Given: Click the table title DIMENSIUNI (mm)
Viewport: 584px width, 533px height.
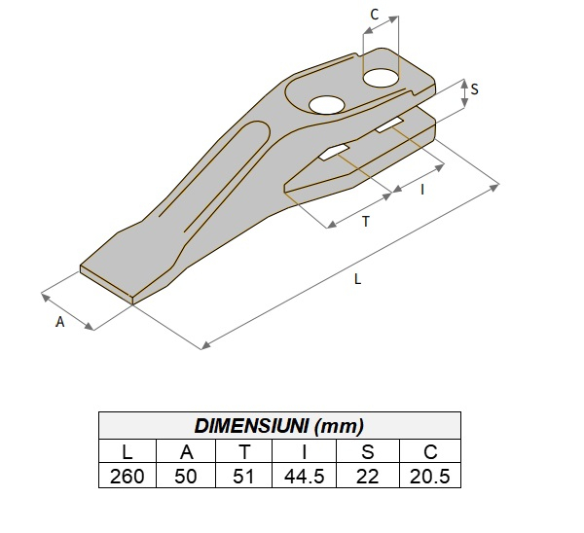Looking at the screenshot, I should [x=279, y=426].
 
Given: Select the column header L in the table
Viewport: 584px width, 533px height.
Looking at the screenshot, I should [x=128, y=451].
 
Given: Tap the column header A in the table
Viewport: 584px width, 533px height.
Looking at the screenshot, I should [x=188, y=451].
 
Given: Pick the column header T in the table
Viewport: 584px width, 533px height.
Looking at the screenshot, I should [x=245, y=451].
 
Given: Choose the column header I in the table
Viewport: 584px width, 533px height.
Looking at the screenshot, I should [x=305, y=451].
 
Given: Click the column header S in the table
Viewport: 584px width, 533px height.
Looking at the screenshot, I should [x=367, y=451].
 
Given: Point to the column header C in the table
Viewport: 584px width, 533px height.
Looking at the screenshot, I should [x=429, y=451].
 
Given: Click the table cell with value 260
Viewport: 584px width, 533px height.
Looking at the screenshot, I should [x=128, y=476].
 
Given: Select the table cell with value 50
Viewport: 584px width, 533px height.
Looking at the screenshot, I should [x=188, y=476].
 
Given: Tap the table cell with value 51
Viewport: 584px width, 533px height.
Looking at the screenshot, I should [x=245, y=476].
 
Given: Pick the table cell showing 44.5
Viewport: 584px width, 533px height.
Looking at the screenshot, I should [x=305, y=476].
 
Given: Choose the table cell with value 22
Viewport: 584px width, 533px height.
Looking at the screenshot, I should [x=367, y=476].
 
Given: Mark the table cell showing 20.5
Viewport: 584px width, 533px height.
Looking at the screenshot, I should [x=429, y=476].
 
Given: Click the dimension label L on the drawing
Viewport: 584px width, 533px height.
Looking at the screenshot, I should [x=358, y=279].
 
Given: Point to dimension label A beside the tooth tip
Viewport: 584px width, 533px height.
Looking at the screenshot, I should [x=59, y=321].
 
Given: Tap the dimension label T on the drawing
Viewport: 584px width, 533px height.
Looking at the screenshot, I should [x=365, y=222].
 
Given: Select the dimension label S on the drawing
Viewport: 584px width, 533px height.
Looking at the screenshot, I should [x=474, y=89].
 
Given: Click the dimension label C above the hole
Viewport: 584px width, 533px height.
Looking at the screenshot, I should [x=375, y=16].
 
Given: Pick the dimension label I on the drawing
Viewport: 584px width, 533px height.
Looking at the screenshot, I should [x=421, y=189].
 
